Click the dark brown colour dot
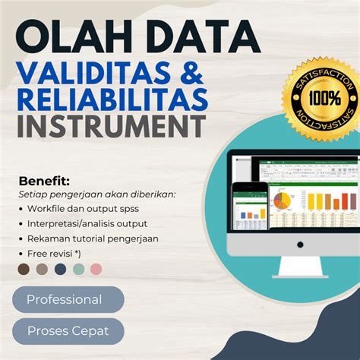24,269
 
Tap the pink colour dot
96,269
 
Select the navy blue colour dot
60,269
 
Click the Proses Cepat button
68,331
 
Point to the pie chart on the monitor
281,201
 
